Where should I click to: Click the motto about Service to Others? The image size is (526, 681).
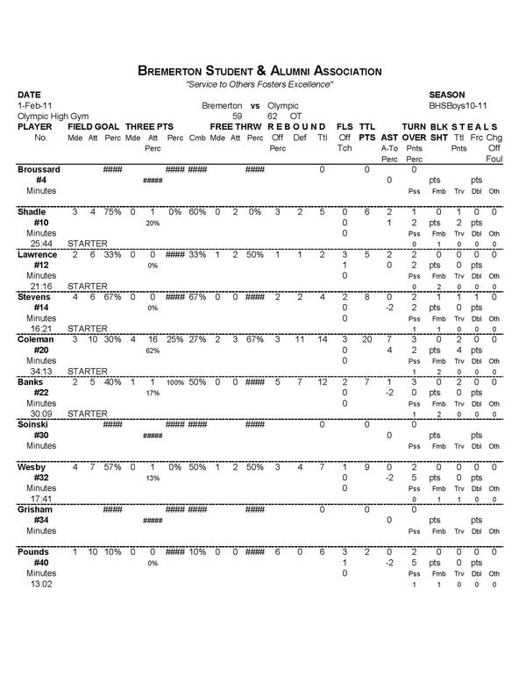(x=259, y=83)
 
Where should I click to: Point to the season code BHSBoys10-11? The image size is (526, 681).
(x=457, y=104)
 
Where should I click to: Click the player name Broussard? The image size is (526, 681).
(x=39, y=169)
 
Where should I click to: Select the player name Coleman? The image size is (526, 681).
(x=36, y=340)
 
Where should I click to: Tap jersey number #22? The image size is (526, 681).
(x=40, y=393)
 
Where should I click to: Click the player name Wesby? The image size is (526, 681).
(x=32, y=467)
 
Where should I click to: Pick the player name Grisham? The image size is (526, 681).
(x=36, y=509)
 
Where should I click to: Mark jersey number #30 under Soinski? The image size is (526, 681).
(x=40, y=436)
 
